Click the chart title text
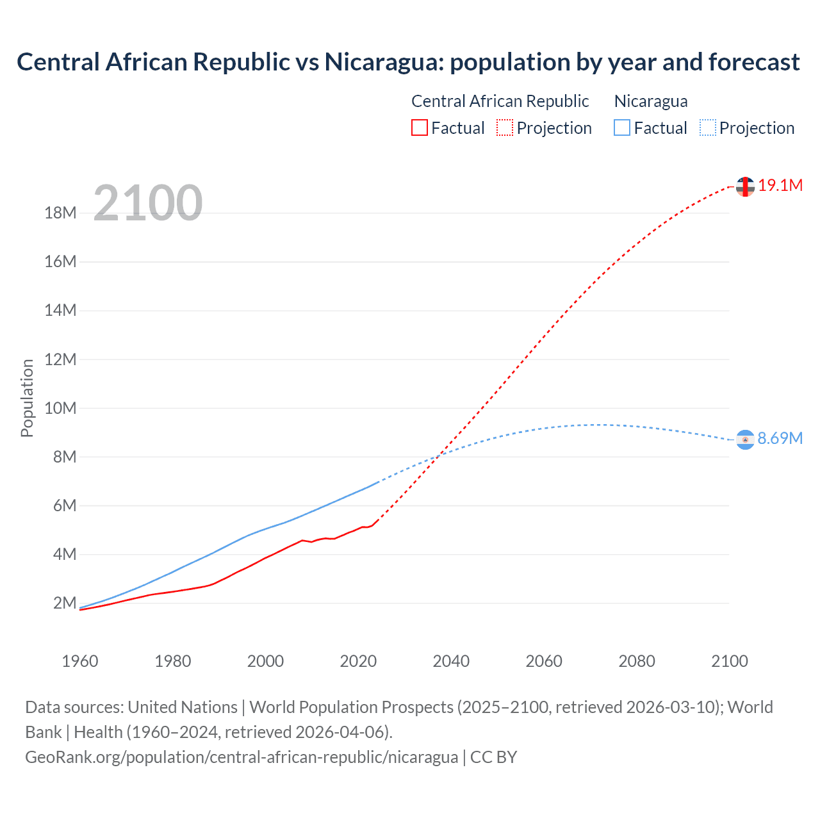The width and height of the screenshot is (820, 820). (x=408, y=62)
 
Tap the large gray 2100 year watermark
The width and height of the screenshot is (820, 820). (x=148, y=203)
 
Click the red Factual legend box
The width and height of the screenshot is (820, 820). (x=419, y=128)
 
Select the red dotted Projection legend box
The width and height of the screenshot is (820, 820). (x=505, y=128)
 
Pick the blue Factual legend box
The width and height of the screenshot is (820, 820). (x=622, y=128)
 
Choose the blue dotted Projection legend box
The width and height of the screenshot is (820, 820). (x=708, y=128)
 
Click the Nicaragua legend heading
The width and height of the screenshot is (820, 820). (x=651, y=101)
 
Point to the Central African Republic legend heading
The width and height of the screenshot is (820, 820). (x=500, y=101)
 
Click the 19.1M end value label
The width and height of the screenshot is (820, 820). (x=780, y=186)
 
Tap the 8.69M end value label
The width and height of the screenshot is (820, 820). (x=780, y=438)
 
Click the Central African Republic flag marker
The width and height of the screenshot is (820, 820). (x=745, y=186)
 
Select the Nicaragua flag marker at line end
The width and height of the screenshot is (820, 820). (x=745, y=439)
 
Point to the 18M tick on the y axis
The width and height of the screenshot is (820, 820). (x=61, y=213)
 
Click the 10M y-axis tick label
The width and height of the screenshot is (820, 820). (x=61, y=408)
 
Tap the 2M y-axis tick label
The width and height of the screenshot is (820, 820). (x=65, y=603)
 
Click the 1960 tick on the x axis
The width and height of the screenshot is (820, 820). (x=80, y=661)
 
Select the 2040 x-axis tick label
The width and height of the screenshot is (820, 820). (x=451, y=661)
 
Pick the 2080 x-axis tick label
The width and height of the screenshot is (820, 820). (x=637, y=661)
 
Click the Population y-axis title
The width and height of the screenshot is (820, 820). (x=27, y=398)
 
